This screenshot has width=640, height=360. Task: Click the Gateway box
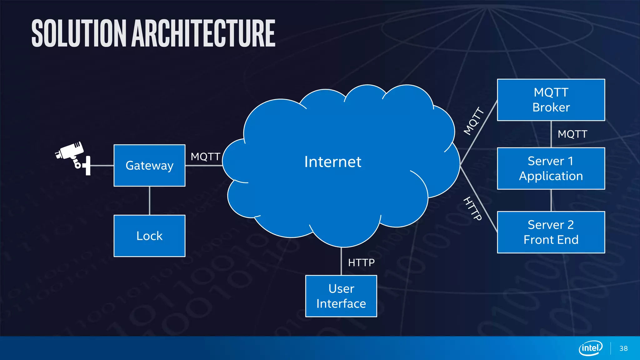(x=149, y=165)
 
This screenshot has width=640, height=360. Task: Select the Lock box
(x=149, y=236)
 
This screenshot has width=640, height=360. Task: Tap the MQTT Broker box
(x=551, y=100)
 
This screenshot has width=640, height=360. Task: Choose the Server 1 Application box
(x=551, y=168)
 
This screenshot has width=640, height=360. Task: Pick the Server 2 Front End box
(x=551, y=232)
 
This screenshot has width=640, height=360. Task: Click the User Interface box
(x=341, y=296)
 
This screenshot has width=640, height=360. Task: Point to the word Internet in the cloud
(x=332, y=162)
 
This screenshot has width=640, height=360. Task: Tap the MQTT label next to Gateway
(x=205, y=156)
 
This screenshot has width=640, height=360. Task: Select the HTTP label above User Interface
(x=361, y=262)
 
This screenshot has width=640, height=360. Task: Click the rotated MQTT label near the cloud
(x=474, y=121)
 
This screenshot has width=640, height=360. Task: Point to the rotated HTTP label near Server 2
(x=472, y=208)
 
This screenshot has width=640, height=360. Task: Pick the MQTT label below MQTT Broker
(x=572, y=134)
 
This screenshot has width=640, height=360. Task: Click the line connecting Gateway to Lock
(x=150, y=201)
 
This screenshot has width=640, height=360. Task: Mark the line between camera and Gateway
(x=102, y=165)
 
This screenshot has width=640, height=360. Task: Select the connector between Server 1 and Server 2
(x=551, y=200)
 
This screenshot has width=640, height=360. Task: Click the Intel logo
(x=590, y=348)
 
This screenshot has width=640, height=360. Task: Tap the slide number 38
(x=623, y=348)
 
